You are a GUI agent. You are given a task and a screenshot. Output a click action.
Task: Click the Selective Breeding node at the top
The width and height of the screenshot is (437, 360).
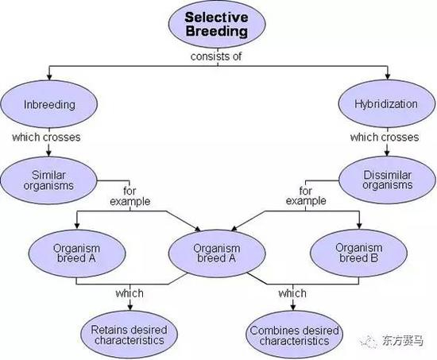coord(218,25)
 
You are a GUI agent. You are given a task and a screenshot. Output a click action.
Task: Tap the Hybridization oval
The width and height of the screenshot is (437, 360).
coord(387,103)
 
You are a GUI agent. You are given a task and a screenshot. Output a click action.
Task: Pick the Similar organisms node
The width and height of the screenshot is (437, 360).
coord(47,180)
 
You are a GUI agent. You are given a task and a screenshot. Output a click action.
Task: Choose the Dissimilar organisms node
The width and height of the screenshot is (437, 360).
coord(387,180)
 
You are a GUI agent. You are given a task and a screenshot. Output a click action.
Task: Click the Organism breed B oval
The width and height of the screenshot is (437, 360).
coord(358,253)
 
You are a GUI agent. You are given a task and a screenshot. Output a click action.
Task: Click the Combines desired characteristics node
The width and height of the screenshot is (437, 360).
coord(293,334)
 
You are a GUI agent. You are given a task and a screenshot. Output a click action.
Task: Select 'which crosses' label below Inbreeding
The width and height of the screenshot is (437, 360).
coord(45,137)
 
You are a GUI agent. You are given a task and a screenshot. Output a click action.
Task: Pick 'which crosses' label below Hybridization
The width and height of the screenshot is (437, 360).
coord(385,137)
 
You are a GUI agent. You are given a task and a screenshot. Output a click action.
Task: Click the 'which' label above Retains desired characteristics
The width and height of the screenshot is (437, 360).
coord(129,293)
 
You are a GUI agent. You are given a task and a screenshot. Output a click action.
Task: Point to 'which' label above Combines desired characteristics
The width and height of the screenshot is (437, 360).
coord(292,293)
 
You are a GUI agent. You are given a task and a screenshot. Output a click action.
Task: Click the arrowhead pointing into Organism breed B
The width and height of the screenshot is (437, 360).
coord(359,227)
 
